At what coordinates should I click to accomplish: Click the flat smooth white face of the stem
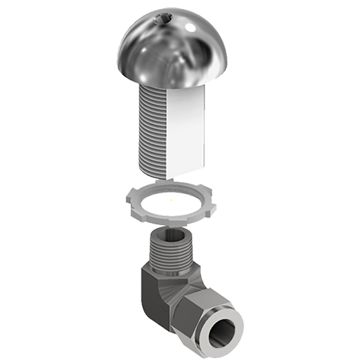(x=186, y=127)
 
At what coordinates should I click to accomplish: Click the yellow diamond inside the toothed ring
(x=169, y=202)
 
